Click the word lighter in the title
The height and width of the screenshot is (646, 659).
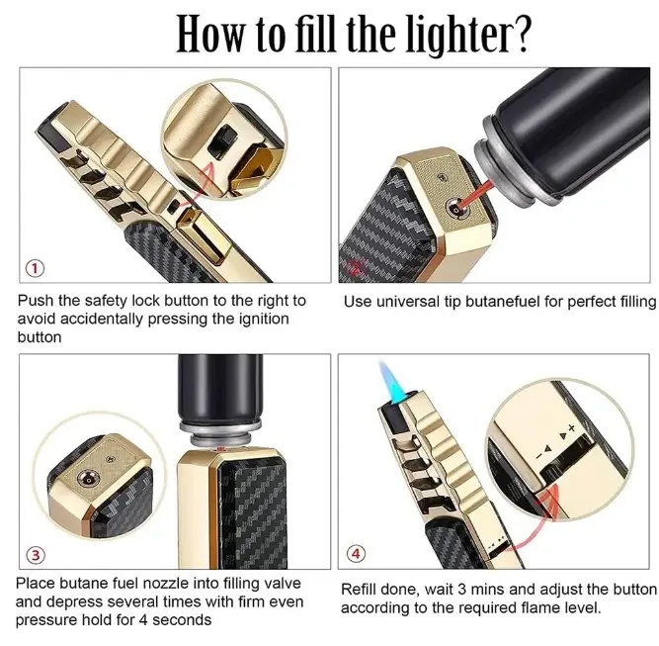point(456,35)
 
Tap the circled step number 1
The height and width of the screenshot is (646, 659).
point(36,268)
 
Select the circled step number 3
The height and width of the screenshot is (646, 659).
point(36,555)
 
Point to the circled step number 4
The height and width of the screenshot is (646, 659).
point(355,553)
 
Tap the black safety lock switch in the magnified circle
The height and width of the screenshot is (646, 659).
point(221,142)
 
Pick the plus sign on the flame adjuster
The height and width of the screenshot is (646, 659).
point(571,428)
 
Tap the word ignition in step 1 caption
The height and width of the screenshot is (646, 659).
point(264,319)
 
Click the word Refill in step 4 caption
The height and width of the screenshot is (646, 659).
point(360,590)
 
